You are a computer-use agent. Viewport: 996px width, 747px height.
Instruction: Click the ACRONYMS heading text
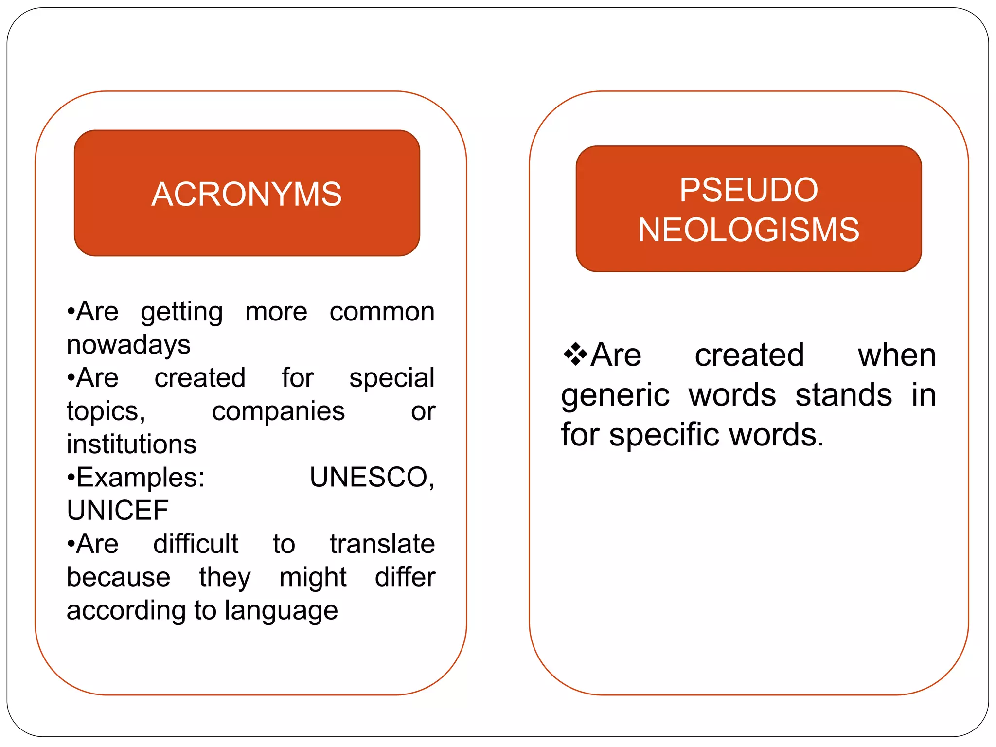[x=247, y=194]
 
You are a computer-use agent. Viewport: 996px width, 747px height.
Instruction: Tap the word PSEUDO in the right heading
[x=748, y=190]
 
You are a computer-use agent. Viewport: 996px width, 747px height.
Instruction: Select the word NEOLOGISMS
[x=748, y=230]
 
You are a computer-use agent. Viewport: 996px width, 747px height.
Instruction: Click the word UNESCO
[x=371, y=477]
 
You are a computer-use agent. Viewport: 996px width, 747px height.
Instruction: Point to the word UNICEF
[x=118, y=511]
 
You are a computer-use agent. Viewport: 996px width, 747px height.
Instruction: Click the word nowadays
[x=128, y=345]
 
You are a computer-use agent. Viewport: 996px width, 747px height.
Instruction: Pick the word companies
[x=278, y=411]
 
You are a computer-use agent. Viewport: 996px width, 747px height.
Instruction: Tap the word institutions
[x=131, y=445]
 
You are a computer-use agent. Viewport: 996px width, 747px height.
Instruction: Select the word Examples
[x=139, y=478]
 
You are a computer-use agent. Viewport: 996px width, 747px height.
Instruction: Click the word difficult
[x=196, y=544]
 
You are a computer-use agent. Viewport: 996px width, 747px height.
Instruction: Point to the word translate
[x=382, y=544]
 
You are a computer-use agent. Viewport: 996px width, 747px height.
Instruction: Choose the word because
[x=119, y=577]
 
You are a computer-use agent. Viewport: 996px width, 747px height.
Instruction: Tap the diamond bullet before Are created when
[x=575, y=354]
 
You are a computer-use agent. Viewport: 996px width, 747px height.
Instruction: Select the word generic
[x=615, y=395]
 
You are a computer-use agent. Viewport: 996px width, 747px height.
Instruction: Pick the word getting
[x=182, y=312]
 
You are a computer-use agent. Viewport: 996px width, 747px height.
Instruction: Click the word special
[x=391, y=378]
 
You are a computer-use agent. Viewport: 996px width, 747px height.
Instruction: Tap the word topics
[x=106, y=411]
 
